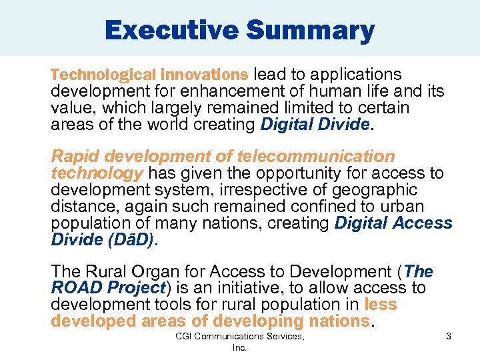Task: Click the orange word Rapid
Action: coord(75,157)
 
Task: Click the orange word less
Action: coord(381,305)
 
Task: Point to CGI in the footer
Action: coord(184,337)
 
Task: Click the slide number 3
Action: coord(449,337)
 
